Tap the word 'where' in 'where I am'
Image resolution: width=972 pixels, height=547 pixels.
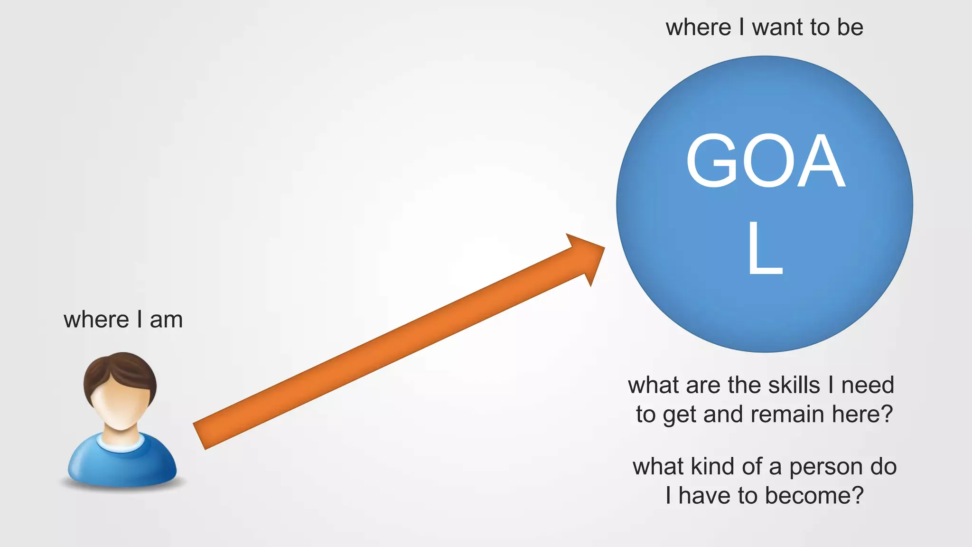(x=96, y=320)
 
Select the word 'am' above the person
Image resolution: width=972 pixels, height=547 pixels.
(x=166, y=320)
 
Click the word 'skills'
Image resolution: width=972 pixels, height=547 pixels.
(x=794, y=385)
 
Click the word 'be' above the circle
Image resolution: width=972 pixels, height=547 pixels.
(x=850, y=28)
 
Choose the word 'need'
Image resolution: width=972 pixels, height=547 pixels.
(x=868, y=385)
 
